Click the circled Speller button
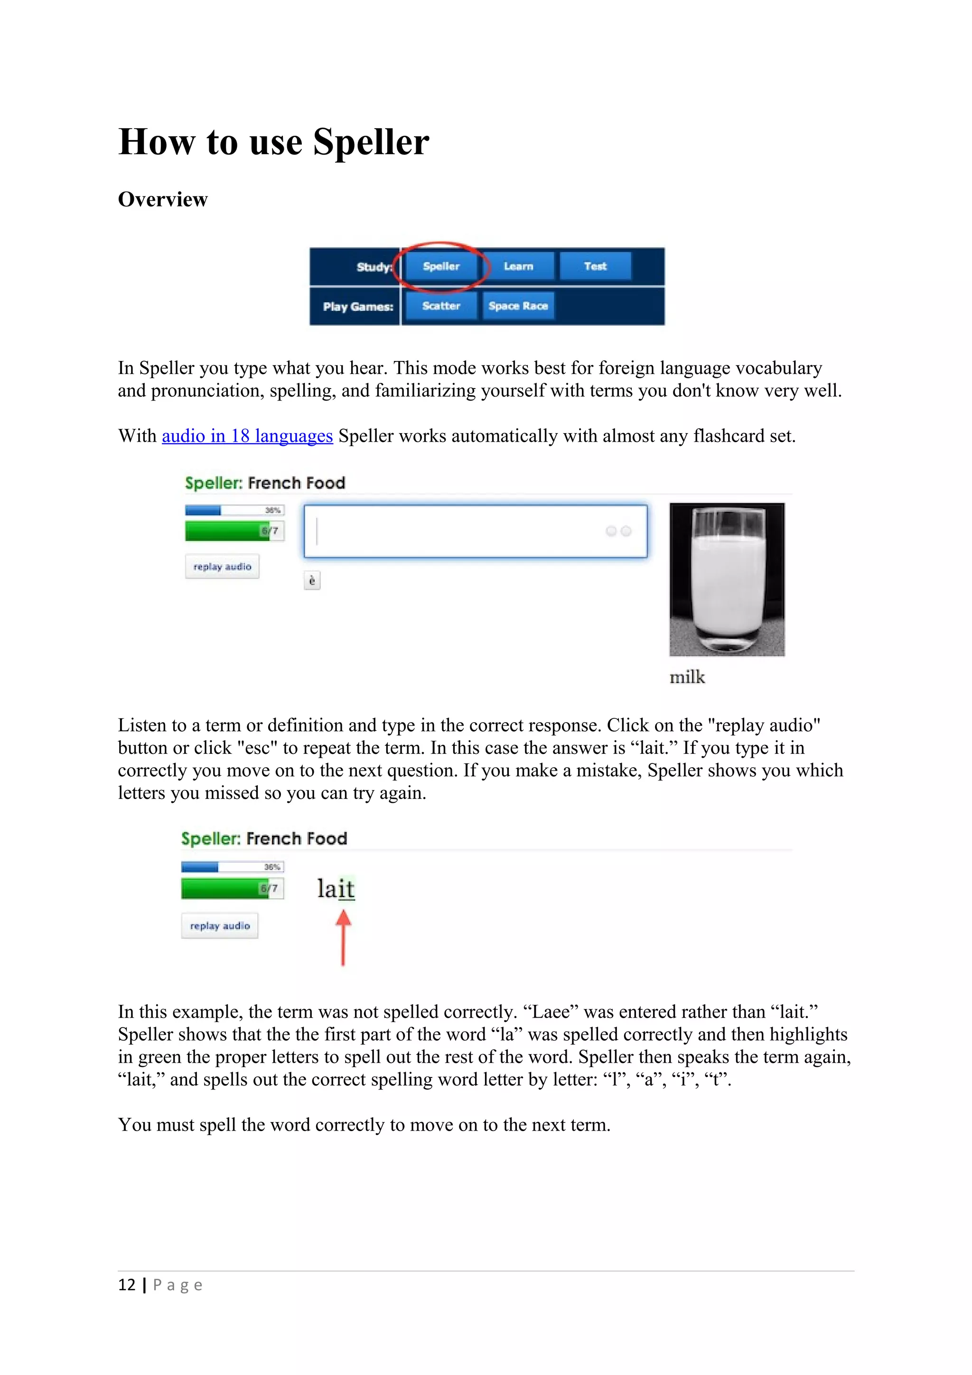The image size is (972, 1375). [441, 267]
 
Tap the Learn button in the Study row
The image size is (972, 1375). [518, 267]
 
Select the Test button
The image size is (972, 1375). [595, 267]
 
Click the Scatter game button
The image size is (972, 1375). [441, 306]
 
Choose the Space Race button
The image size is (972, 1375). [518, 306]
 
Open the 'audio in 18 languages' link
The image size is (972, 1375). [247, 436]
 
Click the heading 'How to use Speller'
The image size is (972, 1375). [274, 142]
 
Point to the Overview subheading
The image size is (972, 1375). [162, 199]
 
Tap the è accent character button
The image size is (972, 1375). [312, 580]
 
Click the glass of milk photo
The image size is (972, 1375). [727, 579]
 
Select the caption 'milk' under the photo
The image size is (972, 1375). [687, 678]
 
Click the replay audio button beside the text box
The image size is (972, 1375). [222, 567]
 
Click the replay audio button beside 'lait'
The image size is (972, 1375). [220, 926]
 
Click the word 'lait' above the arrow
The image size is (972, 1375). [336, 888]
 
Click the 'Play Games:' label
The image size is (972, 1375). [357, 307]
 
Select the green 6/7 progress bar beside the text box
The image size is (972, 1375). [234, 530]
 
